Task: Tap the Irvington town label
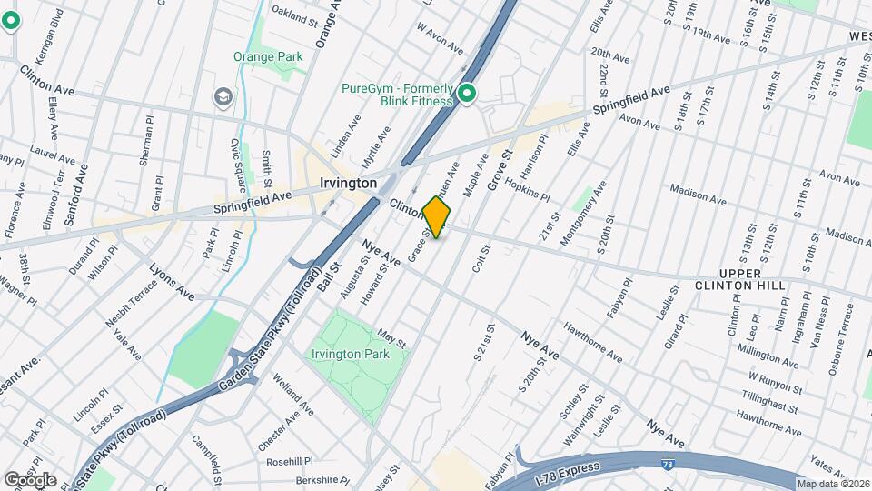348,183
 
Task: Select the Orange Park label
268,56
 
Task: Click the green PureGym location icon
468,94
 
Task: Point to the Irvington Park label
350,353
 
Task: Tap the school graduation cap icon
223,97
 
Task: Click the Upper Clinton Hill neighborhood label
752,279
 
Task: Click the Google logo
29,480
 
